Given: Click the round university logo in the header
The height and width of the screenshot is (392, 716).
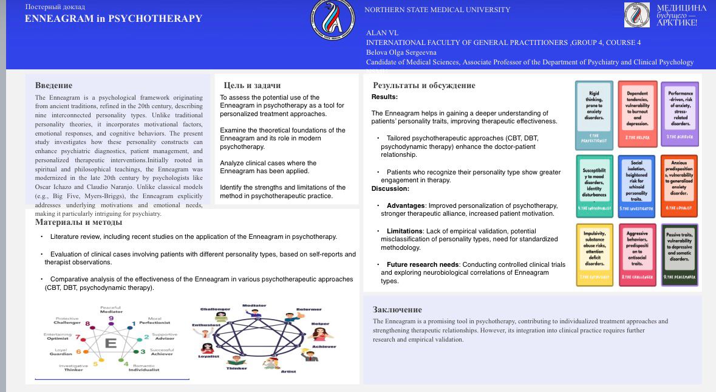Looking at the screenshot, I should tap(332, 18).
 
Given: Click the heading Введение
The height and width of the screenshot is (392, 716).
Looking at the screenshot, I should tap(53, 86).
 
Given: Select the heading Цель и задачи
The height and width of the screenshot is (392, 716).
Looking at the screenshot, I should tap(252, 86).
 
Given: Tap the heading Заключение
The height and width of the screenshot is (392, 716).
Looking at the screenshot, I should tap(397, 309).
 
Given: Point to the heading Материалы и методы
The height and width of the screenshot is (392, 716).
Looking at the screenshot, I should tap(78, 222).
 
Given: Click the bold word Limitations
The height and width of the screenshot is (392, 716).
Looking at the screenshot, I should tap(404, 231).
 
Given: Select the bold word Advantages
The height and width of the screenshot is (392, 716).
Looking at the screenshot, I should tap(406, 205).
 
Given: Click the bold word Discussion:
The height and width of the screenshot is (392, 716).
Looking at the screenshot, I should tap(390, 189).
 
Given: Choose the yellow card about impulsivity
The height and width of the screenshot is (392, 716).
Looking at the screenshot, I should tap(595, 254).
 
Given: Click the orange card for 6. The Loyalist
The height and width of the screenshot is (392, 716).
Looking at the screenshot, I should tap(679, 186).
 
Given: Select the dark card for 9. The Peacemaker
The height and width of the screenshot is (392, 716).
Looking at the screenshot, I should tap(679, 254).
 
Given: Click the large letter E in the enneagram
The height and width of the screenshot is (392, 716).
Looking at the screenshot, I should tap(111, 343).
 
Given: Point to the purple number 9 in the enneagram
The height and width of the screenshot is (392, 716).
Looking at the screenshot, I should tap(111, 318).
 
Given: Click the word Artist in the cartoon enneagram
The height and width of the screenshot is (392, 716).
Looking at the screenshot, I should tap(288, 371).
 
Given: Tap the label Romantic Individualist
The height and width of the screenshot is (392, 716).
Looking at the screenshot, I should tap(143, 367).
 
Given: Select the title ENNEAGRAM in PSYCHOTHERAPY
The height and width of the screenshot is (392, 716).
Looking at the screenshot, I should tap(113, 19).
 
